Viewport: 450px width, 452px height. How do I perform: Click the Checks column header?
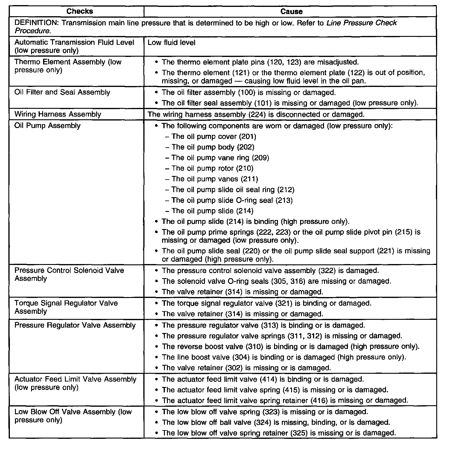pyautogui.click(x=80, y=11)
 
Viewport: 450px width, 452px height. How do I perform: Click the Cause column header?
pyautogui.click(x=291, y=11)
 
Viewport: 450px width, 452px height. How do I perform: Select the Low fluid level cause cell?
pyautogui.click(x=171, y=43)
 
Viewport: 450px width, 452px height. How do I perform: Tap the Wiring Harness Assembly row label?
pyautogui.click(x=58, y=114)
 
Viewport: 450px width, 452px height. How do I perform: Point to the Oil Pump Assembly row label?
pyautogui.click(x=47, y=125)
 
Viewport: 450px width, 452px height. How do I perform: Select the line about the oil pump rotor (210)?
pyautogui.click(x=212, y=168)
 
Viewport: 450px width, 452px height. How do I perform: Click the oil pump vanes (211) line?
pyautogui.click(x=215, y=179)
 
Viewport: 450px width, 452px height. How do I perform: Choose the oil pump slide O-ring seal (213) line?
pyautogui.click(x=232, y=200)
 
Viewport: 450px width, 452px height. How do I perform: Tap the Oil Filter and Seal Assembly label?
pyautogui.click(x=62, y=92)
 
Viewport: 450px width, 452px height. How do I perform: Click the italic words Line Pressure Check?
pyautogui.click(x=362, y=23)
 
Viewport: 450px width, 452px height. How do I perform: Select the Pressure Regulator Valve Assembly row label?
pyautogui.click(x=75, y=325)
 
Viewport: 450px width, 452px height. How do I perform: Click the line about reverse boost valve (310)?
pyautogui.click(x=291, y=346)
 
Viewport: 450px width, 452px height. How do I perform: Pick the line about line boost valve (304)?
pyautogui.click(x=284, y=357)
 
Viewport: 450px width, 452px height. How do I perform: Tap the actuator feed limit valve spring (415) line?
pyautogui.click(x=275, y=390)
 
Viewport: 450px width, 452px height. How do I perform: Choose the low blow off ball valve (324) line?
pyautogui.click(x=276, y=422)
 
